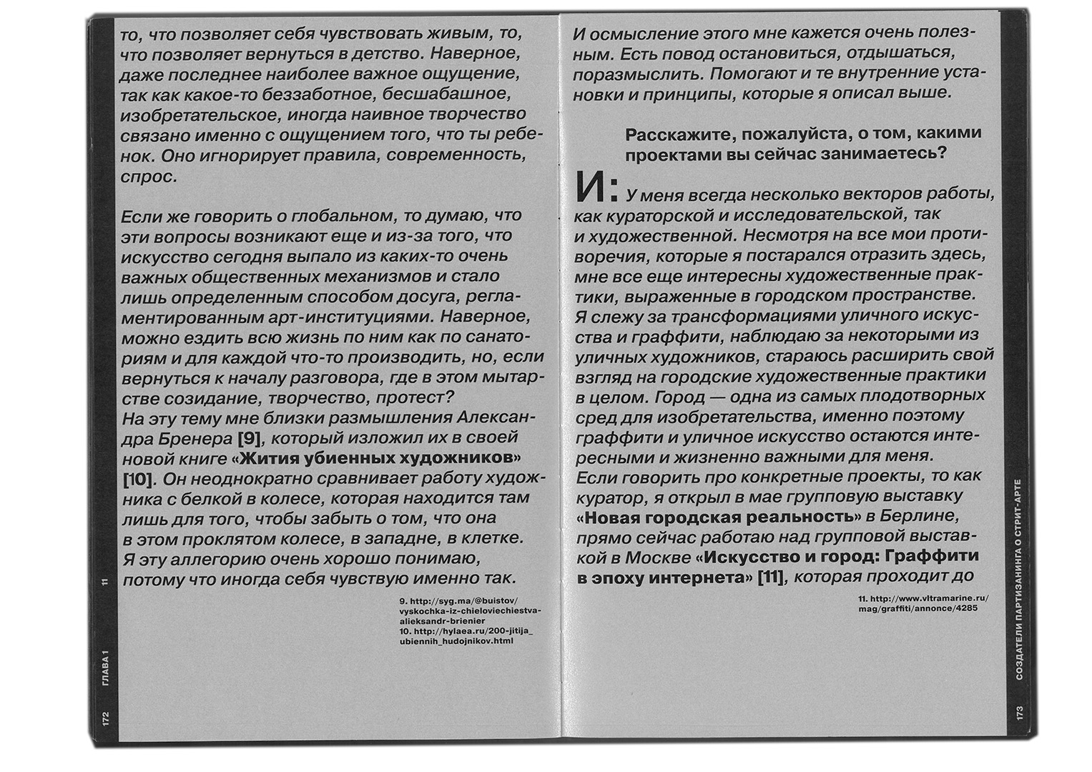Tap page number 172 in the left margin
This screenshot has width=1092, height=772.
pos(104,716)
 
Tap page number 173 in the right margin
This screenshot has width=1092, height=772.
pos(1019,713)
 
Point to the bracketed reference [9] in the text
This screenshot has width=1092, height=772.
pos(245,438)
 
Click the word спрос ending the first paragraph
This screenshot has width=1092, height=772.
pos(149,176)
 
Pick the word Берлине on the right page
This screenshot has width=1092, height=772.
pos(923,516)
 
